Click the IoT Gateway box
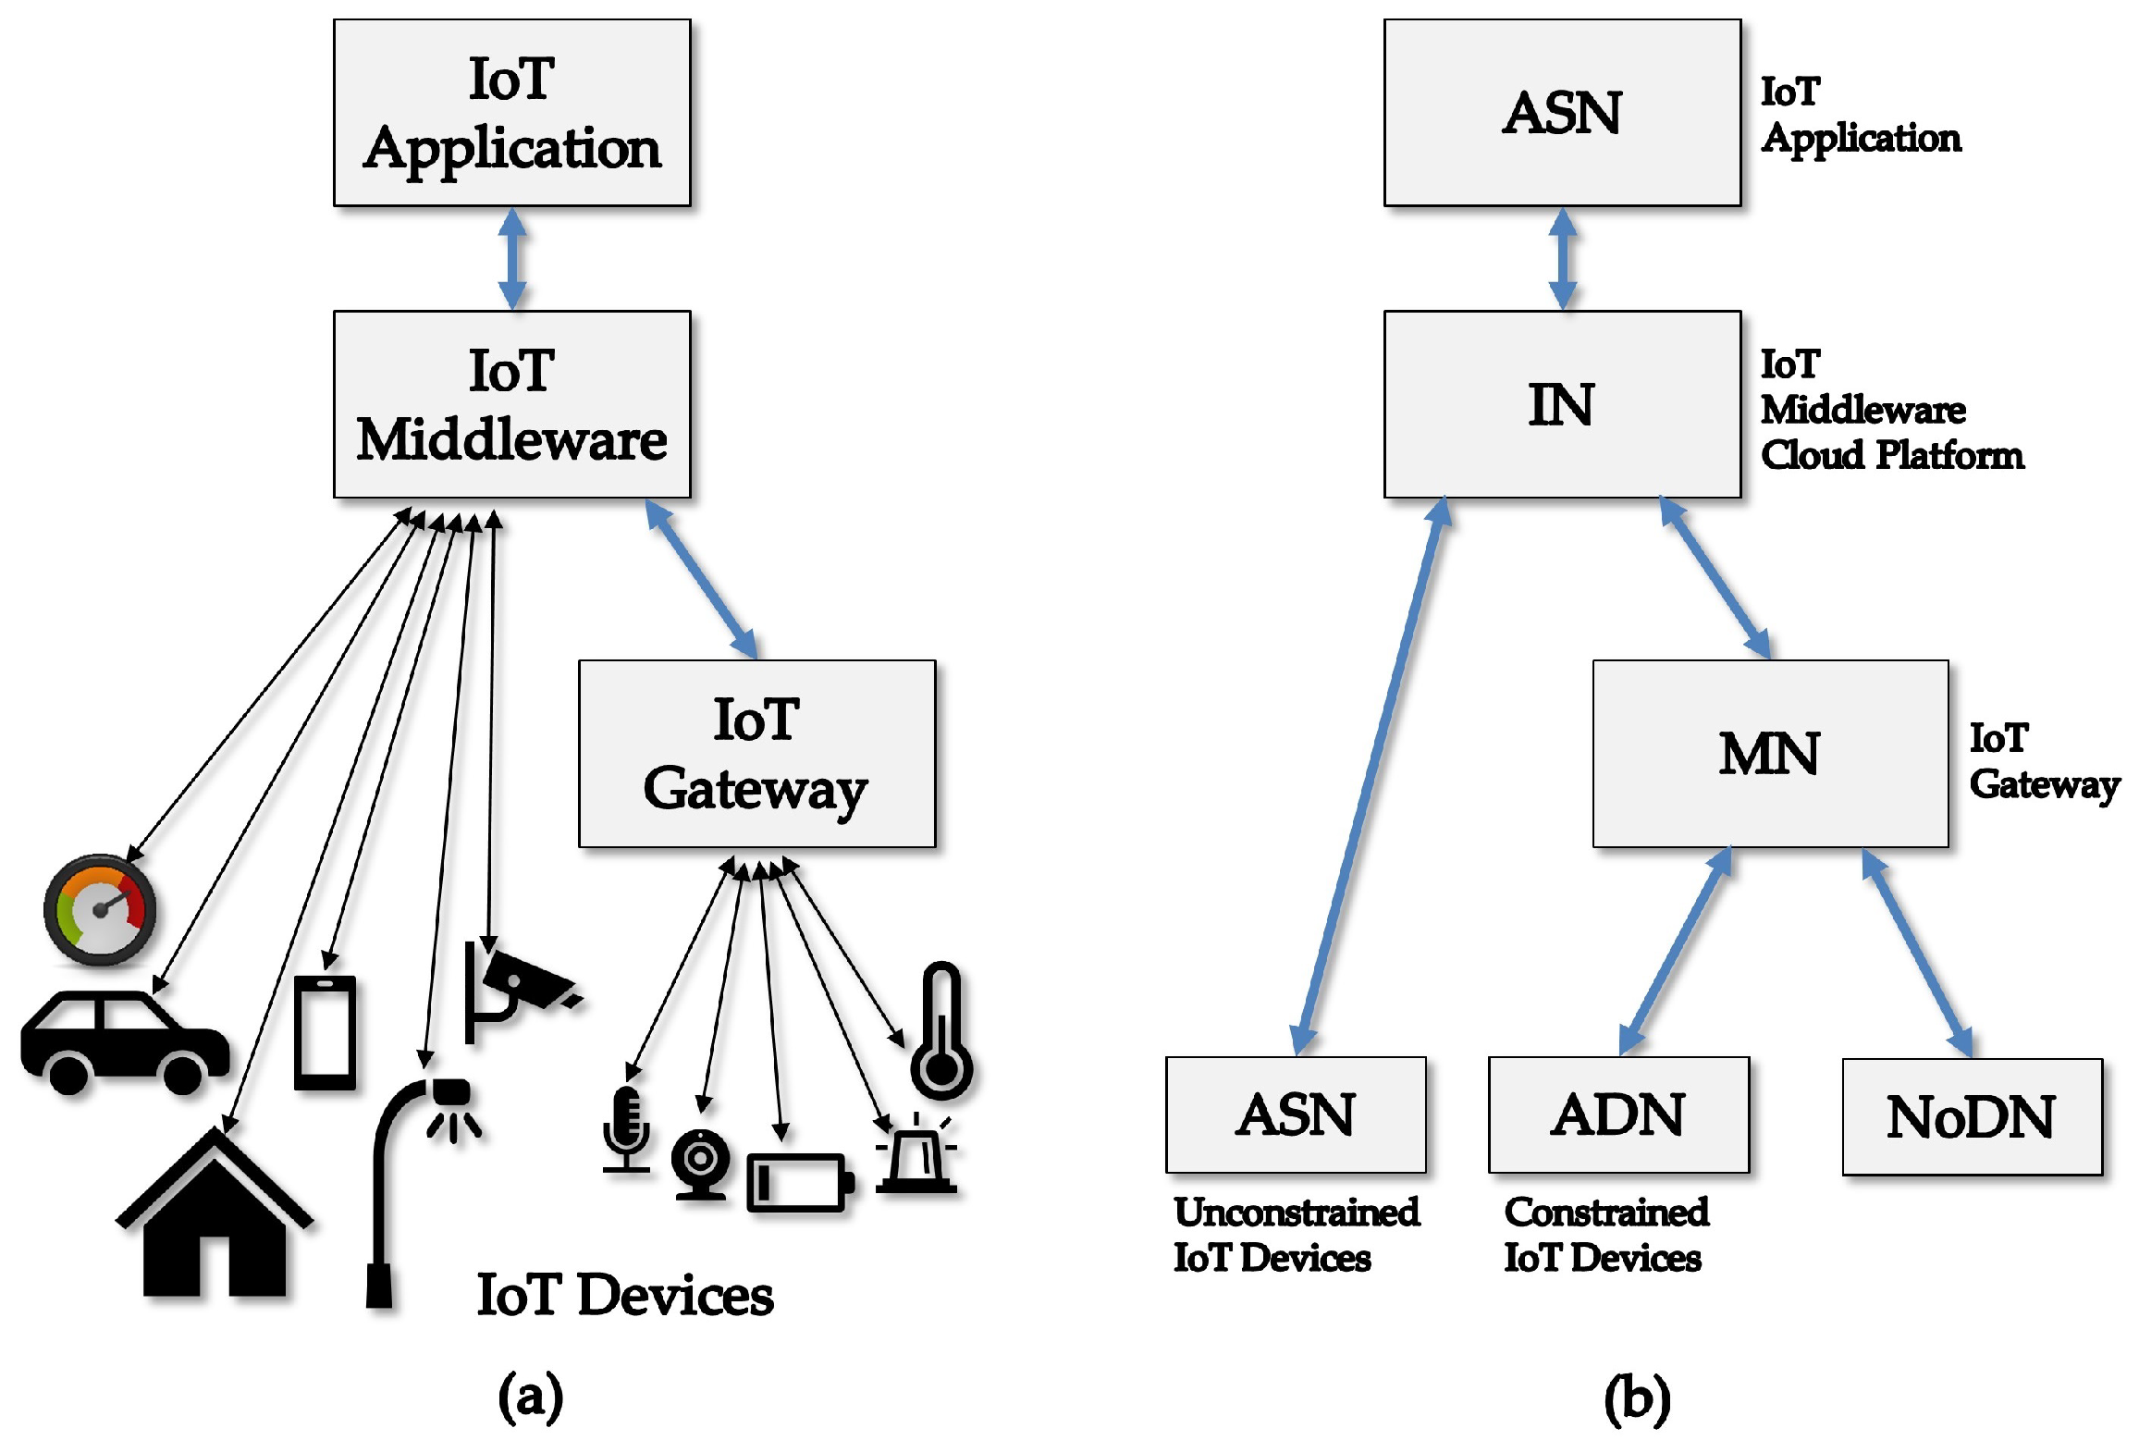[x=756, y=753]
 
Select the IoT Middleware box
[x=511, y=404]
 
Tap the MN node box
[x=1770, y=753]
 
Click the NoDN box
[x=1972, y=1116]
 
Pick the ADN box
[x=1618, y=1114]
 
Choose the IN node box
[x=1562, y=404]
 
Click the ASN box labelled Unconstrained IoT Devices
[x=1296, y=1114]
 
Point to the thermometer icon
[x=942, y=1034]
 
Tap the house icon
[x=215, y=1216]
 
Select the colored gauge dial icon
[x=100, y=911]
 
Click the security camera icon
[x=518, y=990]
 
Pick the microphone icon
[x=626, y=1128]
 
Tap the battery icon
[x=799, y=1182]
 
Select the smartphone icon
[x=325, y=1032]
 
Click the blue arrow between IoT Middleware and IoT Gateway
[x=701, y=579]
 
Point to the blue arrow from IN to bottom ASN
[x=1371, y=777]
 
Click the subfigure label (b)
[x=1636, y=1398]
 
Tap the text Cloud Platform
[x=1891, y=455]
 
